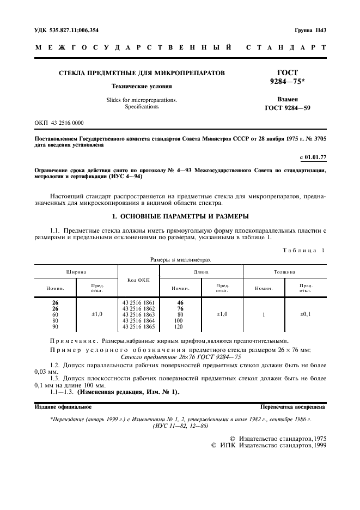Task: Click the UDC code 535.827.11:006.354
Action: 66,31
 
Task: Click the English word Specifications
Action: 142,107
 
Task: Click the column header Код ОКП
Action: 138,280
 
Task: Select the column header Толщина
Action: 284,271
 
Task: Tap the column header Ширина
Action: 76,271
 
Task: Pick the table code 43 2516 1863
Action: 138,314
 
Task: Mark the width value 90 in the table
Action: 55,327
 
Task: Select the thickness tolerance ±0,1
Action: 305,314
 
